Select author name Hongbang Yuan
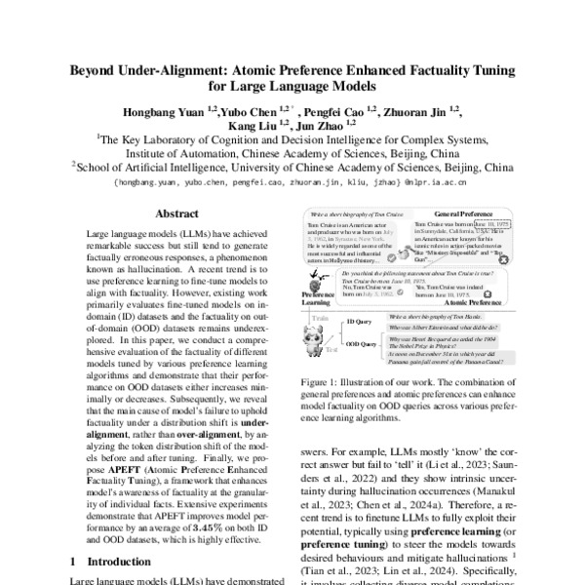(158, 113)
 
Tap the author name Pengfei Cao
(341, 113)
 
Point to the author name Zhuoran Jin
(421, 113)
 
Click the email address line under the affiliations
(292, 181)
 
